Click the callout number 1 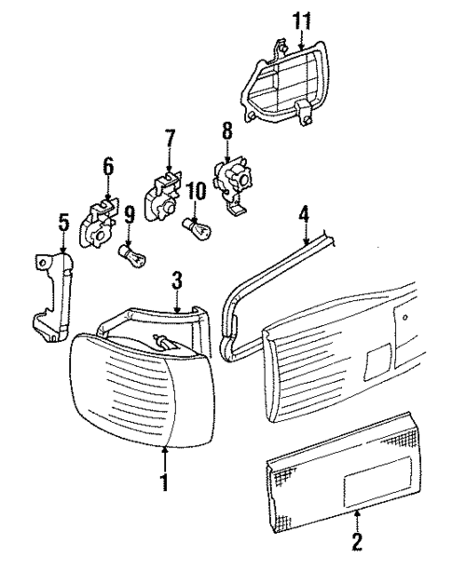(x=164, y=482)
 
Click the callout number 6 (x=108, y=167)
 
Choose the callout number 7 (x=169, y=139)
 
